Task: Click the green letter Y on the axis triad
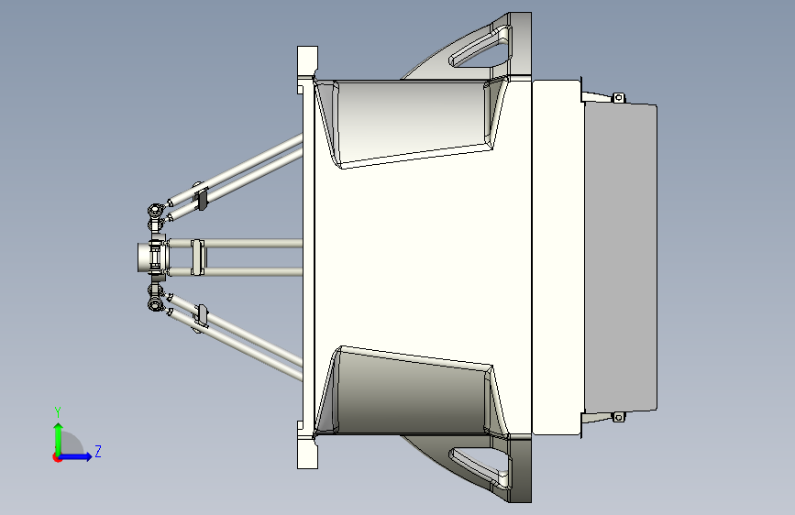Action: pos(58,412)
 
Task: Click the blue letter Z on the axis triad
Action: pos(98,451)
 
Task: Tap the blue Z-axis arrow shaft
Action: pos(74,456)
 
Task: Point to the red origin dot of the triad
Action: pos(57,457)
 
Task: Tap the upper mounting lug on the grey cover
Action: pos(618,97)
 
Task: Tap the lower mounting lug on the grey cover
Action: pos(618,417)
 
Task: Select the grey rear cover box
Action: pos(621,257)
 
